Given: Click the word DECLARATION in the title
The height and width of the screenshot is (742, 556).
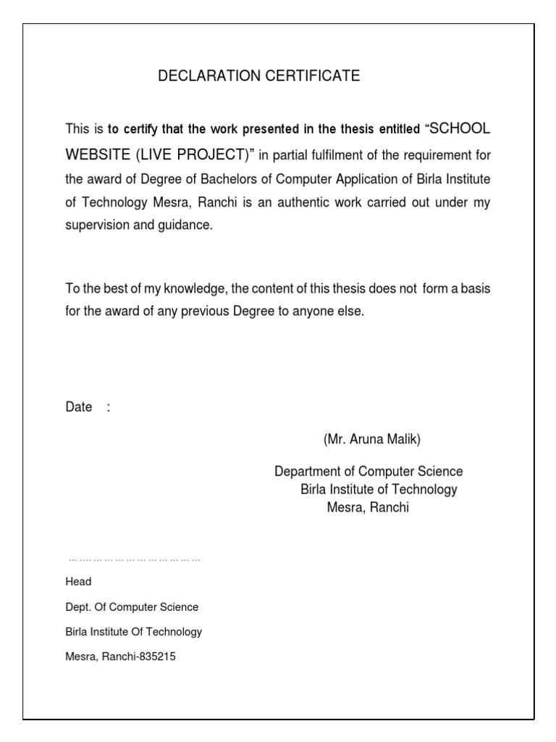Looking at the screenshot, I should [201, 76].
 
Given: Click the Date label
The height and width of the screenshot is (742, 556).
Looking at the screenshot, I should [78, 407].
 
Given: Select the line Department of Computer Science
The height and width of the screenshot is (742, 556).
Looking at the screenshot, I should [368, 472].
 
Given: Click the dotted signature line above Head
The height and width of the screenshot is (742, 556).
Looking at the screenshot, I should [134, 560].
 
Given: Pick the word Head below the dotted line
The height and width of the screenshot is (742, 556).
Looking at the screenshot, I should [78, 582].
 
